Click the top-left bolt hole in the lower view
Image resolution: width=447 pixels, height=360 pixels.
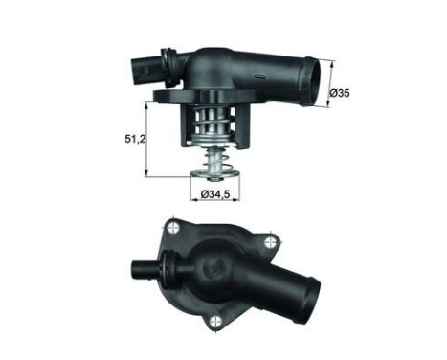173,228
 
